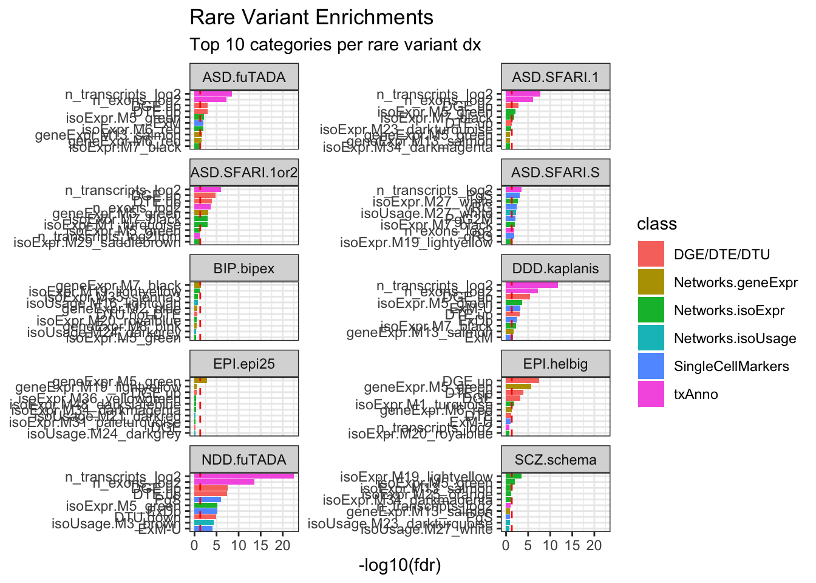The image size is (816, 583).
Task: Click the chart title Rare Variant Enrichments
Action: click(311, 18)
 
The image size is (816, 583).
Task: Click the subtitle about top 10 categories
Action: click(335, 45)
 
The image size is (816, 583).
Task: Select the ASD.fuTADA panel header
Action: click(244, 77)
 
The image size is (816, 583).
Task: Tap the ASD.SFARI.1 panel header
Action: click(556, 77)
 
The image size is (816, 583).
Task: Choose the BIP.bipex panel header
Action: click(244, 268)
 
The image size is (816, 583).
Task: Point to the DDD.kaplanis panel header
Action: click(556, 268)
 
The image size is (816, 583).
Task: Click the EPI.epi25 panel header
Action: click(244, 364)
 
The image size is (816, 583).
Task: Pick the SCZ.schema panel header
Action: click(556, 460)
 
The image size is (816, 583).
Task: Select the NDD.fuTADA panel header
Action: click(244, 460)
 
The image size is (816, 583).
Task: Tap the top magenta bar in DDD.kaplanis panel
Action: click(531, 285)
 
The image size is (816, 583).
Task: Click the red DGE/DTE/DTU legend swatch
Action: click(651, 254)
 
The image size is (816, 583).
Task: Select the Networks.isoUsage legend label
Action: click(735, 339)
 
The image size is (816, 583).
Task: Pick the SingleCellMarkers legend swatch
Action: click(651, 366)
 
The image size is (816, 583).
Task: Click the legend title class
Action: click(657, 224)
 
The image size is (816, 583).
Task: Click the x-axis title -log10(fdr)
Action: click(399, 566)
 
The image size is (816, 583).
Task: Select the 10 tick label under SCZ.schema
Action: click(550, 545)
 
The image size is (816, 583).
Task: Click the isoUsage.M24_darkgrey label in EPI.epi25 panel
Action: click(104, 434)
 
